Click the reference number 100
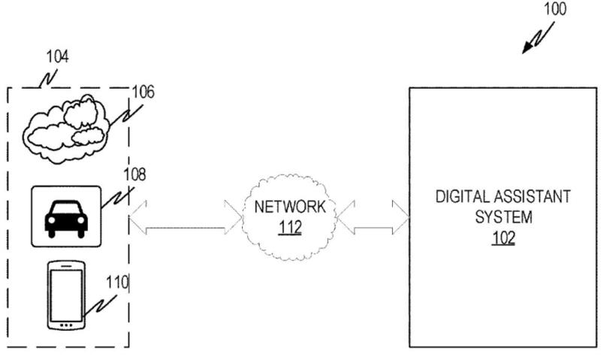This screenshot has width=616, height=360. point(554,10)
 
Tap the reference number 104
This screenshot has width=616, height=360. point(57,56)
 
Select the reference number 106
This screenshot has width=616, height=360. point(143,92)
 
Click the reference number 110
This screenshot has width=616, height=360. point(117,283)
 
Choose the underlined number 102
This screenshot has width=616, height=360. point(503,238)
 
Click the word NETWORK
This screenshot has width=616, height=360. point(290,207)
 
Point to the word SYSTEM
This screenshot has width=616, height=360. point(503,218)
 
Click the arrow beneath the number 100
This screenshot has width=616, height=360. point(539,38)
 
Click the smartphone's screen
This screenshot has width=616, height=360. point(65,294)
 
